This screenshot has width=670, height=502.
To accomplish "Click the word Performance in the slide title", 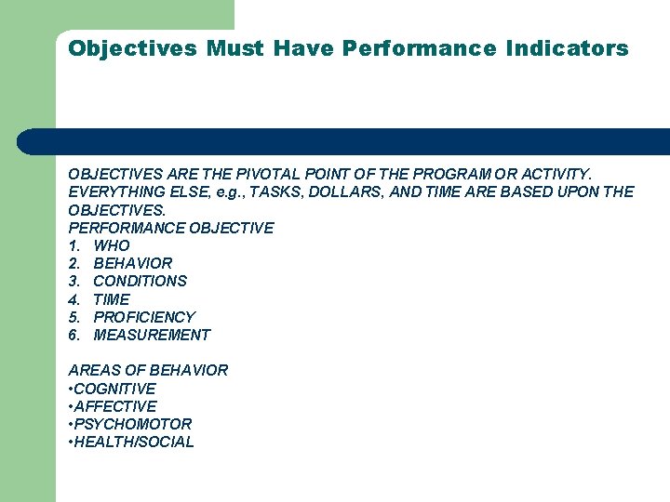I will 419,48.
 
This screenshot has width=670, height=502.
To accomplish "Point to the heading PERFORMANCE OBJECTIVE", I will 171,228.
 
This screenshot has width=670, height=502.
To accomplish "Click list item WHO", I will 112,245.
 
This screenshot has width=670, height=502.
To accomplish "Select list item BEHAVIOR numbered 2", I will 132,263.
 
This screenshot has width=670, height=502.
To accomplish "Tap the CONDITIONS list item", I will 140,281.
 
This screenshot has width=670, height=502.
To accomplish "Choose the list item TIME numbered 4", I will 112,299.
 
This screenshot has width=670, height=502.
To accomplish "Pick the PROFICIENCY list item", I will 144,317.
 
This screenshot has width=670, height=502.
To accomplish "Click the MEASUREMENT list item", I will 152,335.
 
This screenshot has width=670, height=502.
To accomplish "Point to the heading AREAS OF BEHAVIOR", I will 148,370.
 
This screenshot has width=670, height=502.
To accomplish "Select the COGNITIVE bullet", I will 114,389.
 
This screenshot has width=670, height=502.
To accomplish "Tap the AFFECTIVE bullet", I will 114,406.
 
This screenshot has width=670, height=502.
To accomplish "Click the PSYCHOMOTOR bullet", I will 132,424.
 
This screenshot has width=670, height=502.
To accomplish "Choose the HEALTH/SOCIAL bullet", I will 133,442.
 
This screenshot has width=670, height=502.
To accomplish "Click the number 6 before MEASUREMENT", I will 74,335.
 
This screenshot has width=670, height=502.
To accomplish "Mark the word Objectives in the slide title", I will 132,48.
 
